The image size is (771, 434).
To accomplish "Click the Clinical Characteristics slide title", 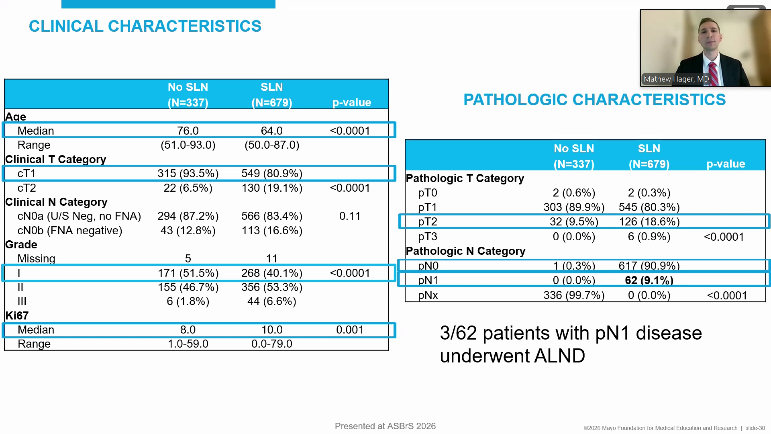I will pyautogui.click(x=145, y=27).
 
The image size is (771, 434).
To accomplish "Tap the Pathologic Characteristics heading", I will pyautogui.click(x=594, y=100).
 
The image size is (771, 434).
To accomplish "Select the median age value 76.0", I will pyautogui.click(x=188, y=131).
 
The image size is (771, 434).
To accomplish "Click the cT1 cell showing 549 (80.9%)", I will pyautogui.click(x=271, y=174).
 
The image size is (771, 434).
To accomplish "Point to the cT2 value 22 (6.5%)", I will pyautogui.click(x=188, y=188).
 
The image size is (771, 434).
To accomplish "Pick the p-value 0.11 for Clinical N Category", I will pyautogui.click(x=350, y=216).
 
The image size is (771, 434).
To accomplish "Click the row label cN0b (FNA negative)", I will pyautogui.click(x=70, y=231).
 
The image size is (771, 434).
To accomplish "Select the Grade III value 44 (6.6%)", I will pyautogui.click(x=271, y=301).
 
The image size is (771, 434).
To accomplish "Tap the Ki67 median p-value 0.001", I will pyautogui.click(x=350, y=330).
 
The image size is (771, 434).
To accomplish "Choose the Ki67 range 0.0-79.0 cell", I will pyautogui.click(x=271, y=344).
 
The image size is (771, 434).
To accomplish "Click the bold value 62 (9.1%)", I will pyautogui.click(x=649, y=280).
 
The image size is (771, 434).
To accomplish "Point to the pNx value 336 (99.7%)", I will pyautogui.click(x=574, y=295).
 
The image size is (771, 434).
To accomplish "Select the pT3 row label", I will pyautogui.click(x=427, y=237).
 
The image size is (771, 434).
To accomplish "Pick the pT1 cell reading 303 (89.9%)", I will pyautogui.click(x=574, y=207).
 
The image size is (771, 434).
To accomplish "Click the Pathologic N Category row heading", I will pyautogui.click(x=465, y=251).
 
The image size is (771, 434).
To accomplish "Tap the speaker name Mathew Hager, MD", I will pyautogui.click(x=676, y=79).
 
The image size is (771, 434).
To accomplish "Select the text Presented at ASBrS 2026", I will pyautogui.click(x=385, y=426).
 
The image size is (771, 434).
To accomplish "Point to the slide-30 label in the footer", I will pyautogui.click(x=755, y=428).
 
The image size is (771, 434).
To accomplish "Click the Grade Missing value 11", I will pyautogui.click(x=271, y=259).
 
